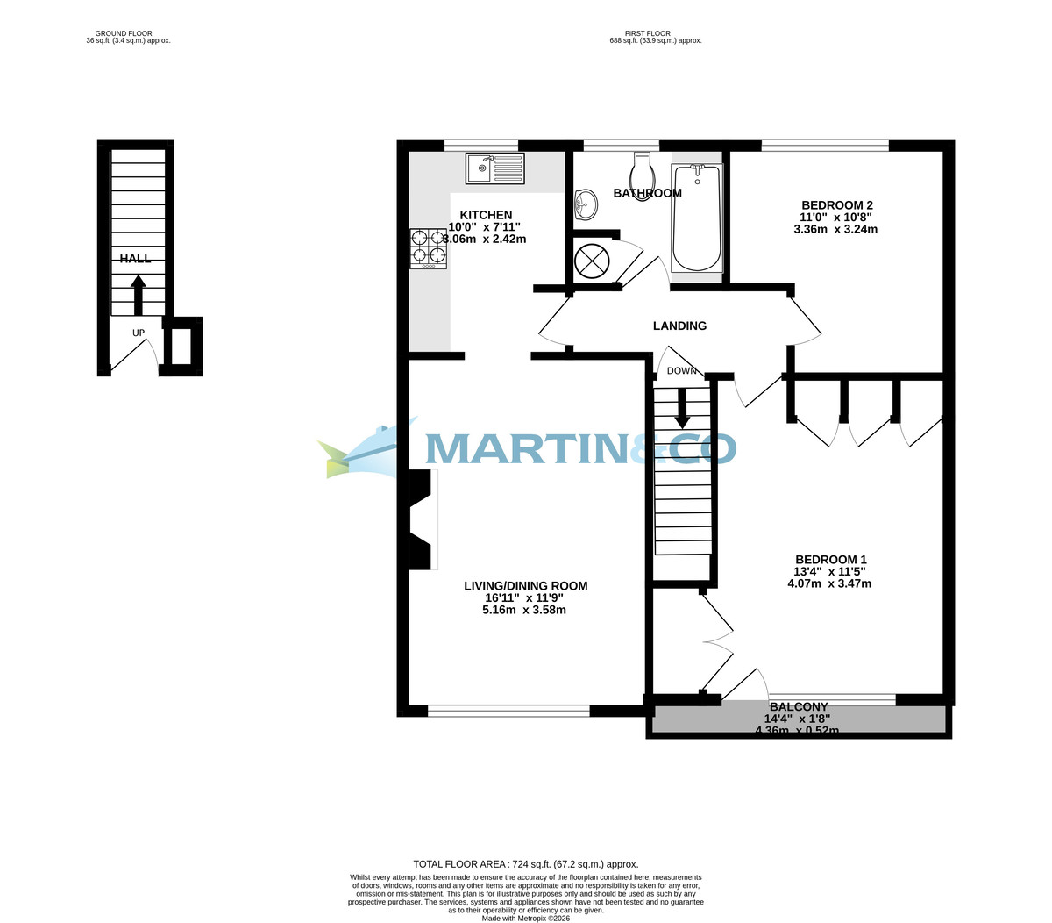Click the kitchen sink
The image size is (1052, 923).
coord(495,168)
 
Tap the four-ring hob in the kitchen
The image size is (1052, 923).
coord(428,247)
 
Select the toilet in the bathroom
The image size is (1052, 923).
coord(643,176)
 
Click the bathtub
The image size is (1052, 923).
coord(697,217)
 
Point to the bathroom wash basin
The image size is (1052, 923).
coord(586,206)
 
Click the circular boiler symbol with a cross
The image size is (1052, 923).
coord(592,261)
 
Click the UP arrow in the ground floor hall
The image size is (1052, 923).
coord(139,294)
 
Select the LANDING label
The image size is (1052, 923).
coord(679,326)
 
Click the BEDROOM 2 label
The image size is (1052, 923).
coord(836,205)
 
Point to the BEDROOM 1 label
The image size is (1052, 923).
coord(830,560)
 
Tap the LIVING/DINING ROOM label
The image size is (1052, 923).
coord(525,586)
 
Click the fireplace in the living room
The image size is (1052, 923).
coord(423,519)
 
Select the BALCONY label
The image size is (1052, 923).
coord(798,706)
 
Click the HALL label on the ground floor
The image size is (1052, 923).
coord(135,258)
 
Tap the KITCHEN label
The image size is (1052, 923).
coord(486,215)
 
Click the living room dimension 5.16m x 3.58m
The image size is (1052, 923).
coord(524,610)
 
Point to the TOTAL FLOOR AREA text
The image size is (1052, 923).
coord(525,864)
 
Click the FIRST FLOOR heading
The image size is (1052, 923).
coord(648,33)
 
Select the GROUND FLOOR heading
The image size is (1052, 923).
coord(124,33)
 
